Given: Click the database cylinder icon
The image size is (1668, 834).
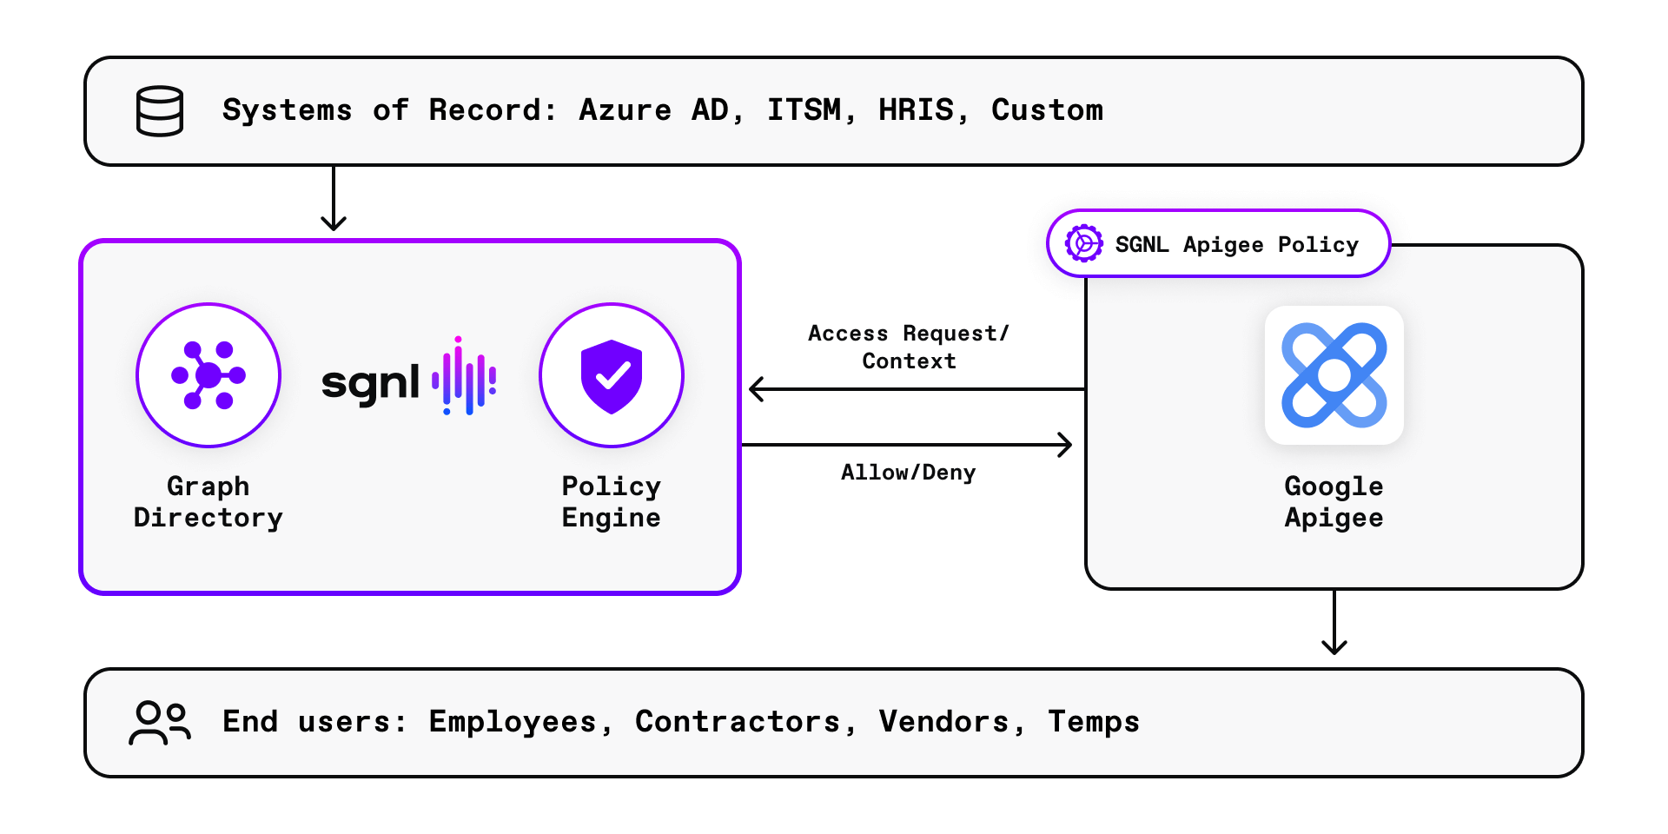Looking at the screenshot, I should pyautogui.click(x=160, y=111).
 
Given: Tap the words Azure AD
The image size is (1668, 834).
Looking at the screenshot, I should pyautogui.click(x=659, y=110).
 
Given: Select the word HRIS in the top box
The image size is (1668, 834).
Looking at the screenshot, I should pyautogui.click(x=916, y=110).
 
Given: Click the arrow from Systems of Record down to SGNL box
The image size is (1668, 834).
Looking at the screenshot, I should pyautogui.click(x=334, y=199).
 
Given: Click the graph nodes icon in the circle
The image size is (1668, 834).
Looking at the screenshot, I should pyautogui.click(x=208, y=375).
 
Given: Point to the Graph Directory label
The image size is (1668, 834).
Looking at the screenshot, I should pyautogui.click(x=208, y=502).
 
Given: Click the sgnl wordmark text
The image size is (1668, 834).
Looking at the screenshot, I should pyautogui.click(x=371, y=383).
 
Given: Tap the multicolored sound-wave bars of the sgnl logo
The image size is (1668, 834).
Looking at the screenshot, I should pyautogui.click(x=465, y=377).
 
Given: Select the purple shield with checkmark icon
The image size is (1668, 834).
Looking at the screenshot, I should pyautogui.click(x=612, y=375).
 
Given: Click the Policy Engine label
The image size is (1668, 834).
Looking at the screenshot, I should pyautogui.click(x=612, y=502).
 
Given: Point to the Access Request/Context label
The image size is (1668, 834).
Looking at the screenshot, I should pyautogui.click(x=909, y=347).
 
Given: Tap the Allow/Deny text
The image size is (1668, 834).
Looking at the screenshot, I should pyautogui.click(x=908, y=473).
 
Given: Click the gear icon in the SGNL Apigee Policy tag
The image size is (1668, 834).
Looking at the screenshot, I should pyautogui.click(x=1084, y=244).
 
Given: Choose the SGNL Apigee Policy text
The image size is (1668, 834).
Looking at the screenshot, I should pyautogui.click(x=1237, y=245).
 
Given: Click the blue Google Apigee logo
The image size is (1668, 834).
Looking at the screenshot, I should pyautogui.click(x=1334, y=375).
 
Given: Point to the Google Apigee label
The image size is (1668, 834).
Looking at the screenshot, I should pyautogui.click(x=1334, y=502).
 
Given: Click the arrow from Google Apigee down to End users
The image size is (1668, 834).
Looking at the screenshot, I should pyautogui.click(x=1334, y=622).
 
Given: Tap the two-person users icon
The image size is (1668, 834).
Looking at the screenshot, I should pyautogui.click(x=160, y=723).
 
